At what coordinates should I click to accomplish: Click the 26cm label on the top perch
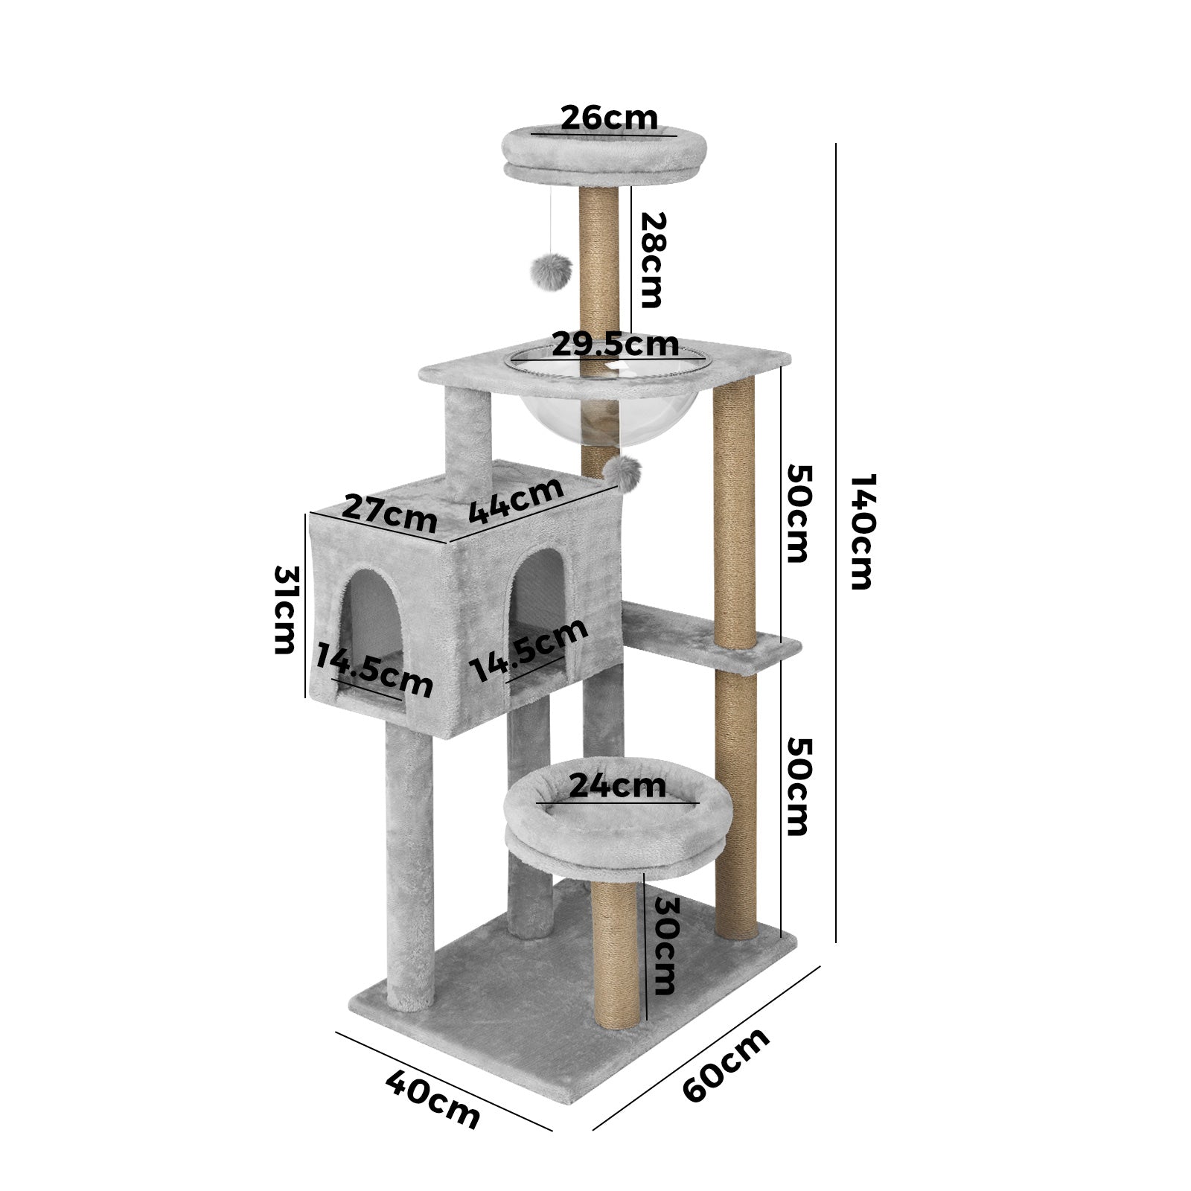click(609, 118)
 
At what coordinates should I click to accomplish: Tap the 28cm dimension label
click(650, 260)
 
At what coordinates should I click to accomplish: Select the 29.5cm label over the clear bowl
click(615, 344)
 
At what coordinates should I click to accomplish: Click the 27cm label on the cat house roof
click(389, 514)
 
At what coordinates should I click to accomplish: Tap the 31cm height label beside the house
click(286, 610)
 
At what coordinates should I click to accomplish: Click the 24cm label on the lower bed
click(617, 786)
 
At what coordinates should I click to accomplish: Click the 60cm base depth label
click(726, 1064)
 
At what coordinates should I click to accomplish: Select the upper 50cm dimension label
click(797, 514)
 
